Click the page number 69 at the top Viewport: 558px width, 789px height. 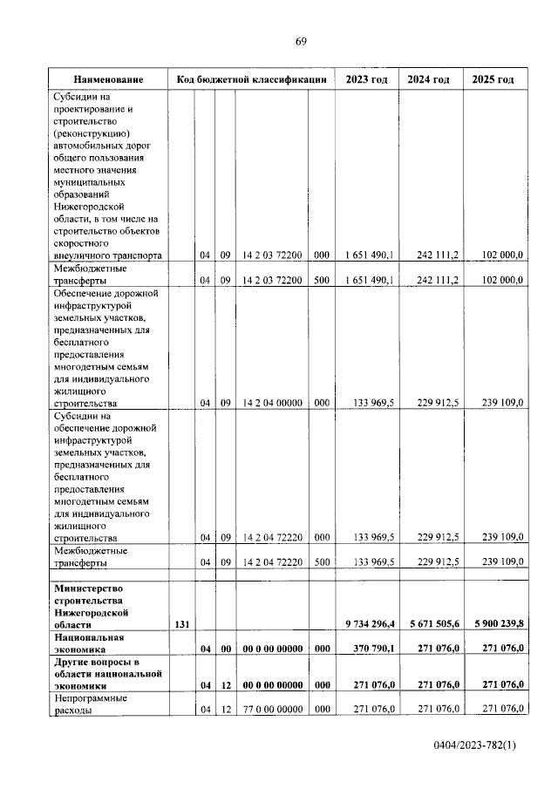tap(301, 41)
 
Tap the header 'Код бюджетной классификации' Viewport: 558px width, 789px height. tap(251, 79)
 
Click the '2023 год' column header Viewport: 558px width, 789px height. tap(366, 79)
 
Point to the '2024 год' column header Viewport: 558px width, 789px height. tap(429, 79)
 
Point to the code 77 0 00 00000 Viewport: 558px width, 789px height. tap(272, 710)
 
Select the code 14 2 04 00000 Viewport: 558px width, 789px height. tap(272, 404)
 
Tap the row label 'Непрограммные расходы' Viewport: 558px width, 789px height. tap(91, 704)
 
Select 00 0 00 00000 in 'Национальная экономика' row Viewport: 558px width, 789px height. tap(272, 650)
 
